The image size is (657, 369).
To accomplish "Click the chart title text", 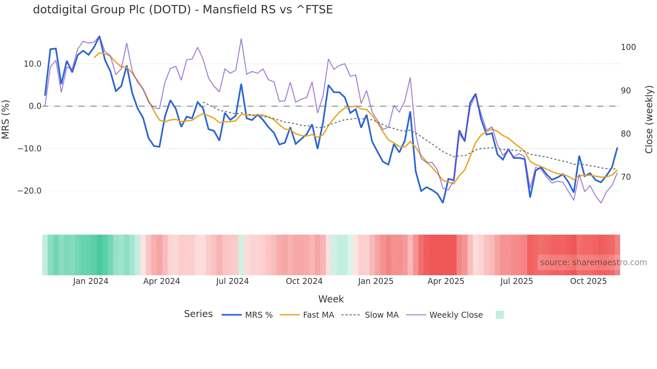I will click(x=183, y=10).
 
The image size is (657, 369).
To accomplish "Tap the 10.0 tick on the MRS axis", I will click(x=33, y=64).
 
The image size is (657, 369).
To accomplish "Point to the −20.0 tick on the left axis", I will click(x=29, y=191).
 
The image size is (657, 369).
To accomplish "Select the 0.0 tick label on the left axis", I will click(x=35, y=106).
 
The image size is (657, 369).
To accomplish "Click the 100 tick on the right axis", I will click(x=628, y=47).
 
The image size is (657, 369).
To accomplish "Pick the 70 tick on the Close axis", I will click(x=626, y=177).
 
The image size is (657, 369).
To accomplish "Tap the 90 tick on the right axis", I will click(x=626, y=91).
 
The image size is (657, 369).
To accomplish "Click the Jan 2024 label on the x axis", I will click(x=91, y=281).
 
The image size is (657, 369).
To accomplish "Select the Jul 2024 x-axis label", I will click(x=232, y=281).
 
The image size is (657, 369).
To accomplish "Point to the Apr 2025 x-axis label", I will click(x=446, y=281).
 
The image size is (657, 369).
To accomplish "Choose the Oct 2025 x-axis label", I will click(x=588, y=281).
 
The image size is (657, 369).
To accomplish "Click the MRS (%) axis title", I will click(x=6, y=120).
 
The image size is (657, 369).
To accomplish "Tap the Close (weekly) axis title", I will click(x=649, y=120).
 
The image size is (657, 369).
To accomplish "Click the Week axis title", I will click(x=331, y=299).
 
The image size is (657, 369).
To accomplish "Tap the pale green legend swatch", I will click(x=499, y=315).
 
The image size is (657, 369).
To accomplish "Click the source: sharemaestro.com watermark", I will click(x=593, y=263).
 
